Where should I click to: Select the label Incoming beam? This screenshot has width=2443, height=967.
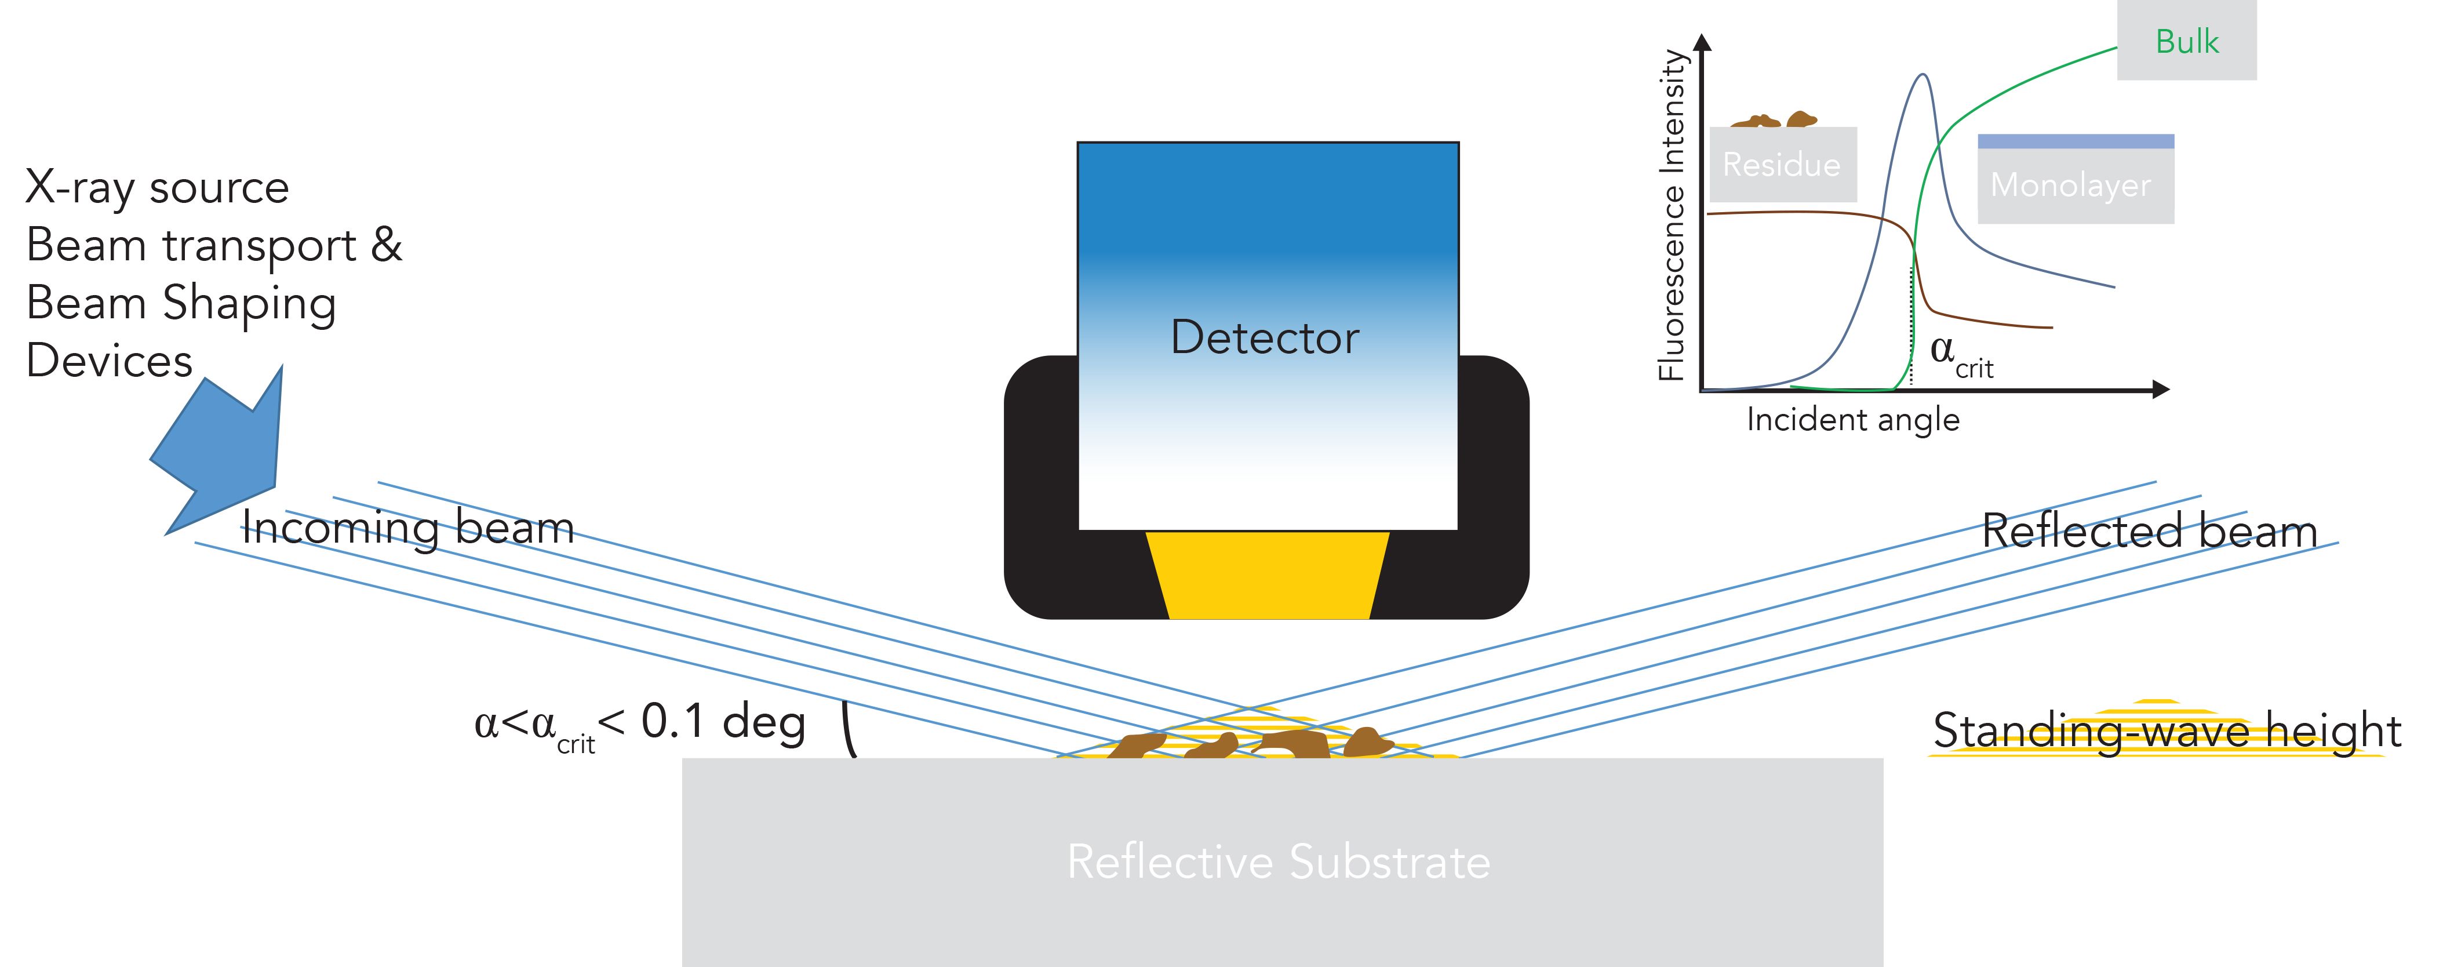(408, 528)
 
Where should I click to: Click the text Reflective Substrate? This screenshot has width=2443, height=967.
(1279, 861)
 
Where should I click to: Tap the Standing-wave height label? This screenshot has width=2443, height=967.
(2167, 730)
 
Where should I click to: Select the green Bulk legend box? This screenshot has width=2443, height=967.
(2186, 41)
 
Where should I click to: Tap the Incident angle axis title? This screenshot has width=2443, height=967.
(1852, 420)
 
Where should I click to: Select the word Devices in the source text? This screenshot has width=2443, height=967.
(109, 361)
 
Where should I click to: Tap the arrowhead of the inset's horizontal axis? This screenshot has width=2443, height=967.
(2160, 389)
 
